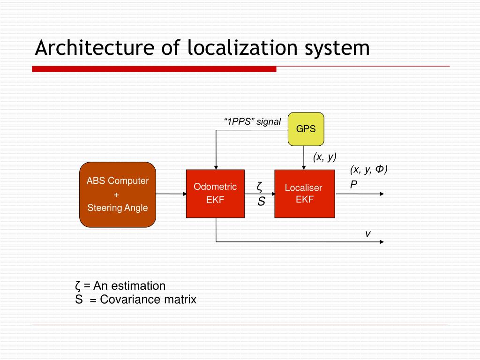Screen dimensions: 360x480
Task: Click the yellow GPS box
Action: tap(306, 129)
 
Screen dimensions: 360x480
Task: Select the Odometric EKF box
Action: tap(215, 194)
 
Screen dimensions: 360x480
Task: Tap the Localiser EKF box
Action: tap(304, 194)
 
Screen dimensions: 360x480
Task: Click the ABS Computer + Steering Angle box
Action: tap(117, 194)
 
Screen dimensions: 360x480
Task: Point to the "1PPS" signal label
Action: tap(252, 122)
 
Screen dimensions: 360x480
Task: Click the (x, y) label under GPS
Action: tap(325, 157)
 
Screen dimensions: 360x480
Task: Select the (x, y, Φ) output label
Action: tap(368, 170)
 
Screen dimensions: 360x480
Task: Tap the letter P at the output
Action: tap(353, 185)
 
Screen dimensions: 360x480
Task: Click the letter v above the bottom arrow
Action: tap(368, 233)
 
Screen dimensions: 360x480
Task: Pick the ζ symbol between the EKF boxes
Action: tap(259, 187)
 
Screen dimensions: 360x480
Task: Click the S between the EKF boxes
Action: tap(261, 202)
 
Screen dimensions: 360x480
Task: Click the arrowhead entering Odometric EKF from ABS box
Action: tap(183, 194)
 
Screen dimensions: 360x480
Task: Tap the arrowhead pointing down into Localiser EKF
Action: tap(304, 166)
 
